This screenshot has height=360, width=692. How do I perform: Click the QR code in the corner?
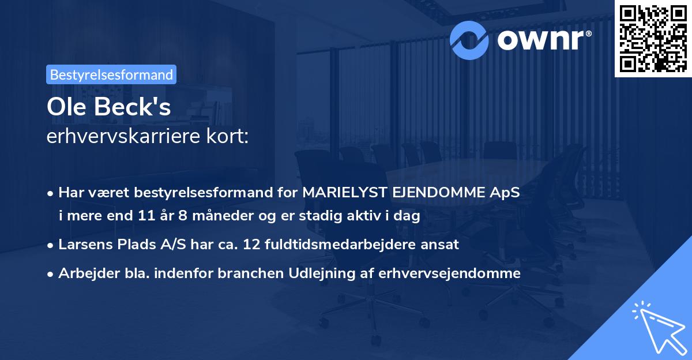(653, 38)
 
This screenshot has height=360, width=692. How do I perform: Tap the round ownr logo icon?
(470, 39)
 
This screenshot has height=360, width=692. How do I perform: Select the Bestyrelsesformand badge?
(111, 74)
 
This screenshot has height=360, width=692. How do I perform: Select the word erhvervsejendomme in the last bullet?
(449, 273)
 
